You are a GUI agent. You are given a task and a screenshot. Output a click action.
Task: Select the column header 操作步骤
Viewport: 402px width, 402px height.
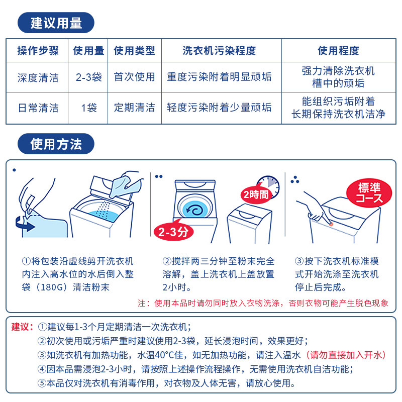[38, 50]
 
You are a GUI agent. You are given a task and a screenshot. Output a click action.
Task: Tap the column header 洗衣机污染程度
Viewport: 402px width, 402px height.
[219, 50]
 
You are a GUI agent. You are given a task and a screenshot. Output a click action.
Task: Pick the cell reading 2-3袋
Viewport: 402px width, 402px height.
[88, 77]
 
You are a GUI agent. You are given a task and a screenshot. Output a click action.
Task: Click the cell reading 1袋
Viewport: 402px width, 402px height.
[88, 108]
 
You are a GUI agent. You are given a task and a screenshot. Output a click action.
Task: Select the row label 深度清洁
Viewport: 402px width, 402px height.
[38, 77]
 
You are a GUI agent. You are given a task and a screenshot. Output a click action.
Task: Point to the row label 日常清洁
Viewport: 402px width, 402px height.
[38, 108]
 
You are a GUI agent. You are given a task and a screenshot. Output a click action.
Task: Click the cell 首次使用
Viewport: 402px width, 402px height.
[134, 77]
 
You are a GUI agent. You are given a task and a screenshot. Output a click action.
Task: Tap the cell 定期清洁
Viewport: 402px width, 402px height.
[134, 108]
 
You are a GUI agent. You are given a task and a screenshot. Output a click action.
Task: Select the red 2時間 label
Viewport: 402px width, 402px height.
[256, 194]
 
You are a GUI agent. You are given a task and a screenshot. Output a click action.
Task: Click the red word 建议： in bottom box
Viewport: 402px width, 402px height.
[22, 327]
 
